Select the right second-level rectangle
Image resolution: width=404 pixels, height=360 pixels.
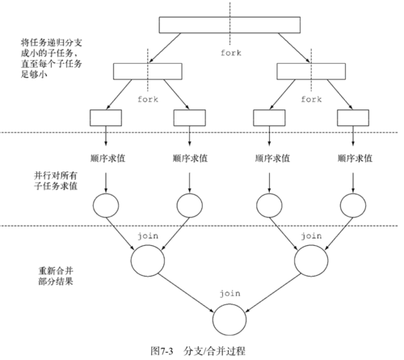(311, 71)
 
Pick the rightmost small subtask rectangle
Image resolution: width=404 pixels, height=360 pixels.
(352, 116)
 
